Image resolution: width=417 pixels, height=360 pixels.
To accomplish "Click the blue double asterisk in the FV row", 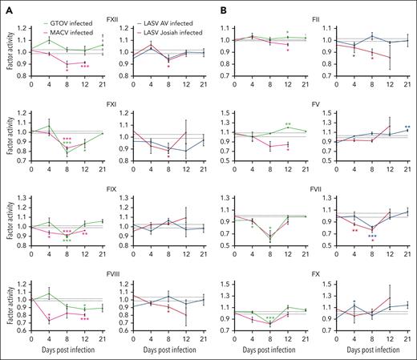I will point(407,127).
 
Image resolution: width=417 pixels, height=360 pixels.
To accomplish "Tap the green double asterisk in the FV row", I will point(287,124).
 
